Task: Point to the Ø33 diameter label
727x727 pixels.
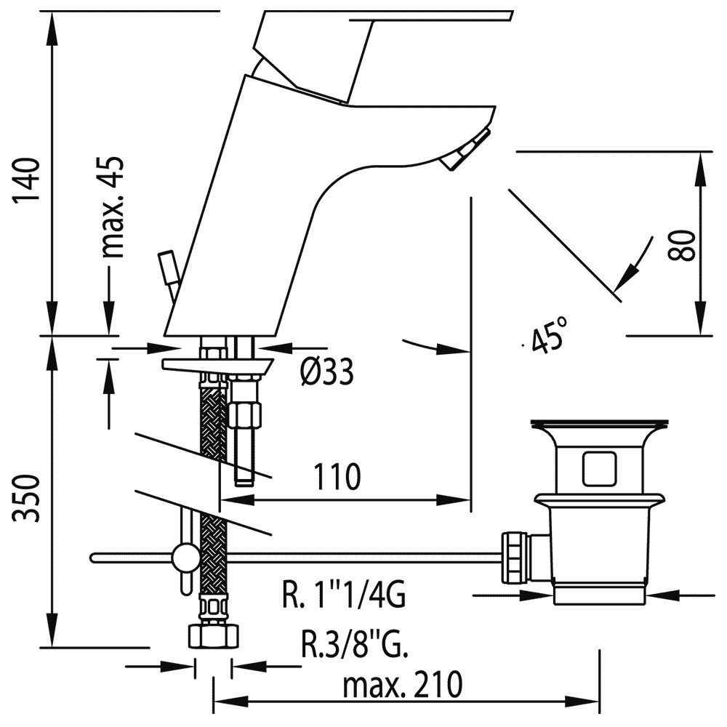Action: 327,373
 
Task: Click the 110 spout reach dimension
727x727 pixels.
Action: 337,478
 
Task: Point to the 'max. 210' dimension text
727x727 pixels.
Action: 403,684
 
